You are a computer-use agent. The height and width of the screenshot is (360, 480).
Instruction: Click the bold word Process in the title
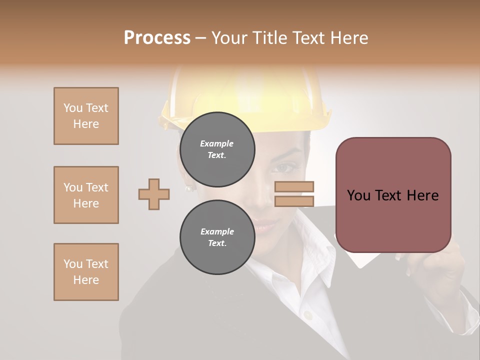157,38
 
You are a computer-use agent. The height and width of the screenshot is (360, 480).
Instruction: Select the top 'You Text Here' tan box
86,116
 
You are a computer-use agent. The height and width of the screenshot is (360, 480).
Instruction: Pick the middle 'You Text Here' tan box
86,195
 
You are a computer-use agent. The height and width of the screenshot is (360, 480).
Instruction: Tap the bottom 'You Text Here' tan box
86,272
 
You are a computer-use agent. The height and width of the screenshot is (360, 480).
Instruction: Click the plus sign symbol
154,193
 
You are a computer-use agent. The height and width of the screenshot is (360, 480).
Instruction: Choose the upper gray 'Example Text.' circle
217,149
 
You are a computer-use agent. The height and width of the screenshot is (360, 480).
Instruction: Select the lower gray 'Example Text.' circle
217,237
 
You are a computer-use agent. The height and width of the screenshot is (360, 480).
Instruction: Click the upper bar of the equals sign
294,186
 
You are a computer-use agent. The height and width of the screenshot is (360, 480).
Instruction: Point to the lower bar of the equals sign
294,201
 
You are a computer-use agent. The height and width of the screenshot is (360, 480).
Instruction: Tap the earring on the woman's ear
189,188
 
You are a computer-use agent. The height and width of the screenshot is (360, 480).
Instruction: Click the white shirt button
308,315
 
